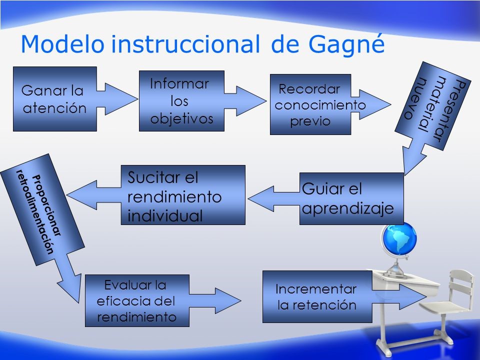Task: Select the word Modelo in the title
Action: pyautogui.click(x=62, y=44)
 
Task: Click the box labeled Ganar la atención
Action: pyautogui.click(x=54, y=99)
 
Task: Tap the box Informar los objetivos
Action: pyautogui.click(x=181, y=100)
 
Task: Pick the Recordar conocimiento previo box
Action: pyautogui.click(x=310, y=104)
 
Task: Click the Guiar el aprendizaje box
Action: pyautogui.click(x=351, y=198)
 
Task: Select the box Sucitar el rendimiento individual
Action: pyautogui.click(x=183, y=195)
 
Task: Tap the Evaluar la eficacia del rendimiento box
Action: pyautogui.click(x=137, y=300)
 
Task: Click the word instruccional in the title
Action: pyautogui.click(x=185, y=44)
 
